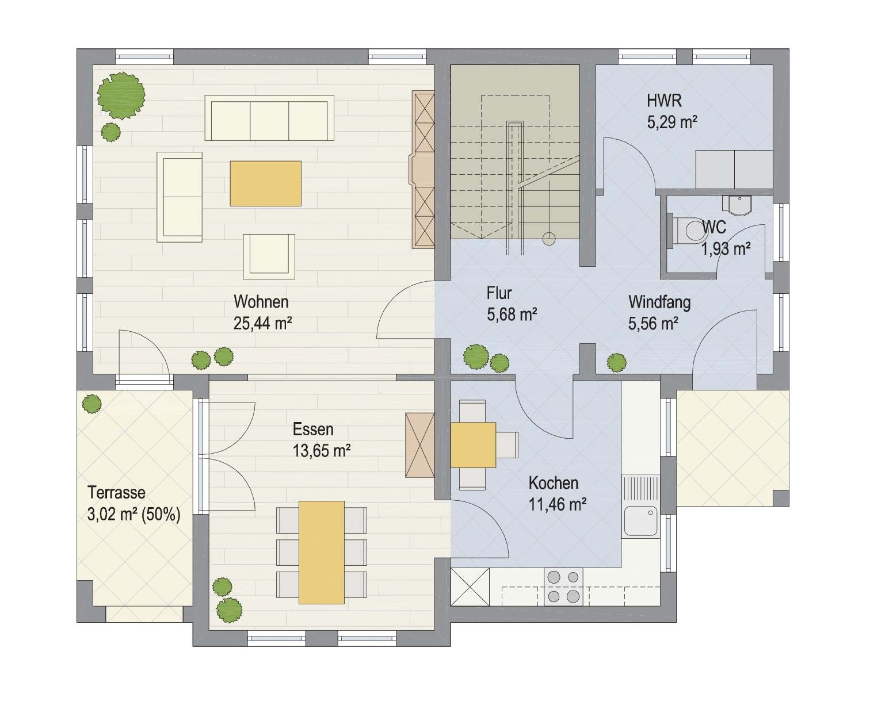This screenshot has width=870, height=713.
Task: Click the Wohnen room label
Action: [261, 302]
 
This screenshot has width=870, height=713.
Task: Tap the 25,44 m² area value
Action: [262, 324]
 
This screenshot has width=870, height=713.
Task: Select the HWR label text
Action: [664, 101]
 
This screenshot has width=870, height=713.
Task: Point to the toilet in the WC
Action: [687, 230]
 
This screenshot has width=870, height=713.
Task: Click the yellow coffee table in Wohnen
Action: [266, 183]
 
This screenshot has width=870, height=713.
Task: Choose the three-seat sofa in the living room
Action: [269, 118]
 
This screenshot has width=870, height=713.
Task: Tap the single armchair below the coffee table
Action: [269, 256]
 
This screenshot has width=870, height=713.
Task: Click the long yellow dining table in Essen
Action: [321, 552]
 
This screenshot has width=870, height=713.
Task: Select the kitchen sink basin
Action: [640, 520]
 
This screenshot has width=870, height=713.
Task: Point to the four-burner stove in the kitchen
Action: [563, 586]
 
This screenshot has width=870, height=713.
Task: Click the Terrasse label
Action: [116, 493]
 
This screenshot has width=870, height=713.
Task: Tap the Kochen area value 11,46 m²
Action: [558, 504]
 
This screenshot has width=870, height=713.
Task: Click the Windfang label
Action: [659, 302]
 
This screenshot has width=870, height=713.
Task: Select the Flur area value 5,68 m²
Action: [512, 315]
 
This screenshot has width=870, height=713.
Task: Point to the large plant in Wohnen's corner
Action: [121, 95]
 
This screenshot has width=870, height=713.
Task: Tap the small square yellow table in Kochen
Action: [473, 445]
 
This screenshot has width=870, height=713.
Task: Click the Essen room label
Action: [313, 429]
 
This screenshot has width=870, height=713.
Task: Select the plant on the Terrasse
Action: [91, 404]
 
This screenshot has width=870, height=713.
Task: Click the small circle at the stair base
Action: [549, 239]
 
